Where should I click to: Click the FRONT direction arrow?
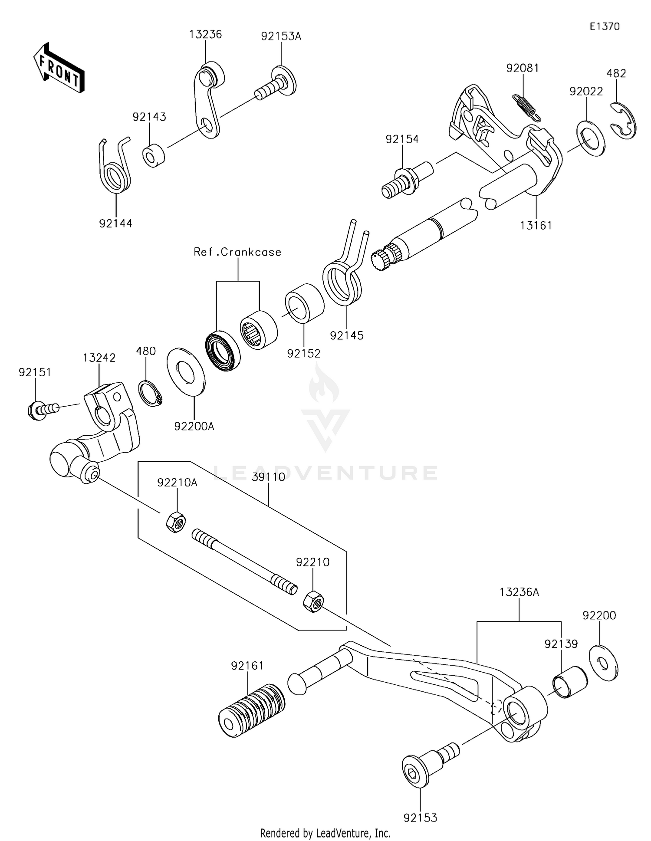click(x=59, y=69)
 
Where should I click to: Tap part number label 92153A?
click(x=281, y=36)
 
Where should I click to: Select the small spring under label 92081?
click(x=526, y=107)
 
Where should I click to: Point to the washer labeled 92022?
click(x=591, y=139)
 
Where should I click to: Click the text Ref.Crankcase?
click(x=237, y=252)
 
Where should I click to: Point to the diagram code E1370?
click(x=604, y=26)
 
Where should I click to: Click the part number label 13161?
click(x=536, y=225)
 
